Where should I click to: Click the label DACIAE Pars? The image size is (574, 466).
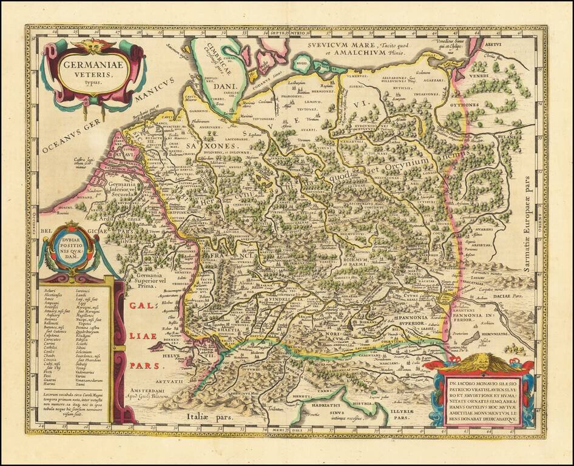[508, 297]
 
